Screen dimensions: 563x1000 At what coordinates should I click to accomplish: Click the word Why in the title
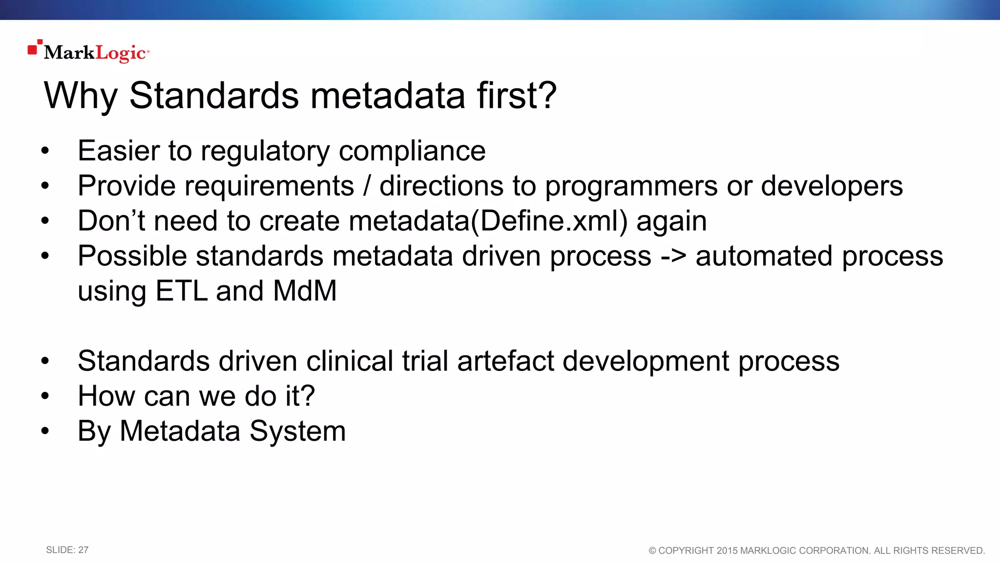click(81, 96)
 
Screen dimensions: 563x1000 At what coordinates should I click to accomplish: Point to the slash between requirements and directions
click(367, 186)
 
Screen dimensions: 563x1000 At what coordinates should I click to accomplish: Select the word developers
click(832, 186)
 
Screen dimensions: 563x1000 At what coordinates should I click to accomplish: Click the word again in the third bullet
click(671, 221)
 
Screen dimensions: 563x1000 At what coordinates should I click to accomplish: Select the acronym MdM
click(305, 291)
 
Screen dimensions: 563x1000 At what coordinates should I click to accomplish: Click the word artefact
click(505, 362)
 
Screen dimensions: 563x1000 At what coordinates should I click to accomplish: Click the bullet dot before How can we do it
click(45, 396)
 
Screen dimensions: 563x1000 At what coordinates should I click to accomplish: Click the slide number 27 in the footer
click(83, 550)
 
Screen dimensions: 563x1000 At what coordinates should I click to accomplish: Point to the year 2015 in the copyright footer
click(727, 551)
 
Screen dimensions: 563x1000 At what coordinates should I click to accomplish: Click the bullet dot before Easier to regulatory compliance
click(45, 151)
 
